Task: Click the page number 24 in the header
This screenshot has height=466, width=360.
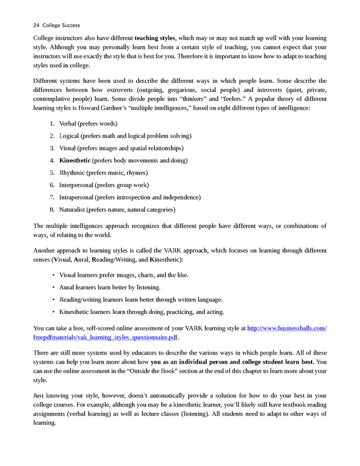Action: pyautogui.click(x=37, y=25)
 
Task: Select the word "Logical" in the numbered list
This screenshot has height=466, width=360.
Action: pyautogui.click(x=69, y=136)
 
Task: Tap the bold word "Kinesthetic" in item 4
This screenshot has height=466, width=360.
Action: pyautogui.click(x=74, y=161)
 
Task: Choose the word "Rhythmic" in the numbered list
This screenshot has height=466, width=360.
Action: pyautogui.click(x=72, y=173)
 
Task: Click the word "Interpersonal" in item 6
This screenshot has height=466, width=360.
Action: pyautogui.click(x=77, y=185)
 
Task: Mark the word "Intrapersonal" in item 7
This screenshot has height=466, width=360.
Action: pyautogui.click(x=77, y=197)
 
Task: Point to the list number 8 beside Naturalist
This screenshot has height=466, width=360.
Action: pyautogui.click(x=51, y=210)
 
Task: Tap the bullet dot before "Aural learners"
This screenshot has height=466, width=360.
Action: pyautogui.click(x=53, y=287)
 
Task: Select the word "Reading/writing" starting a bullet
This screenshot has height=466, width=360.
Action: pyautogui.click(x=80, y=300)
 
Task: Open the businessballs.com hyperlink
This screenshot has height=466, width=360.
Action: pyautogui.click(x=286, y=328)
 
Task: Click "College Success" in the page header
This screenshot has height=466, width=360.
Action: pyautogui.click(x=61, y=25)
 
